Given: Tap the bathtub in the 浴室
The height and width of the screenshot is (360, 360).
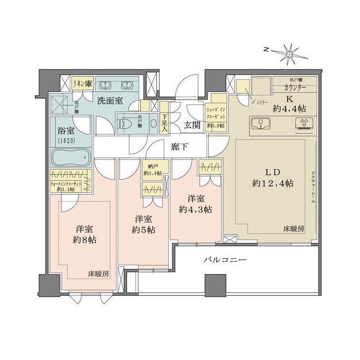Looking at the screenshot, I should tap(69, 156).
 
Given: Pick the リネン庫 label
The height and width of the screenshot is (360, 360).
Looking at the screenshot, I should tap(82, 83).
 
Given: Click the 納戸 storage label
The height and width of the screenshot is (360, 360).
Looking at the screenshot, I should tap(150, 166).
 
